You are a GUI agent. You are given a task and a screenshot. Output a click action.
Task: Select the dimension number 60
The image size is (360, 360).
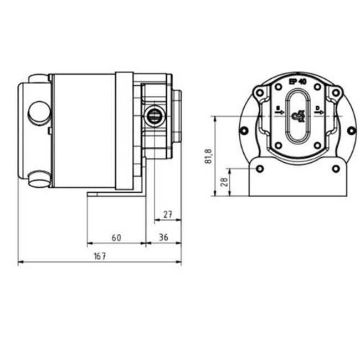116,237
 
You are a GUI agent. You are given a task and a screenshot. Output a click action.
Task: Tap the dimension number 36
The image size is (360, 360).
164,237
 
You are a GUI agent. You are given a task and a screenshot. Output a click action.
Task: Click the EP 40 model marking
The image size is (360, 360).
299,81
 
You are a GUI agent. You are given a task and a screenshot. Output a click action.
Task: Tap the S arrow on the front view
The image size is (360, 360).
279,112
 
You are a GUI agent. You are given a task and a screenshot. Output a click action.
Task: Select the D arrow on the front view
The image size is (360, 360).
318,112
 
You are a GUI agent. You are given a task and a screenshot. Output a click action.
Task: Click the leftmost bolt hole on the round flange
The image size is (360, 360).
244,131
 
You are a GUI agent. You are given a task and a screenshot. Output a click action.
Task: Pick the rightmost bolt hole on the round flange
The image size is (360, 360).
351,131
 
